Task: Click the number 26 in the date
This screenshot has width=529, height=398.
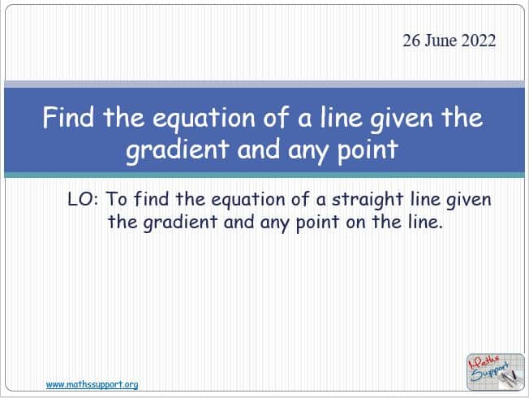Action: (411, 41)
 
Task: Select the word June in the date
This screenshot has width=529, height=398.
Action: (440, 41)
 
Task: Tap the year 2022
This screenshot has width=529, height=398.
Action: (478, 41)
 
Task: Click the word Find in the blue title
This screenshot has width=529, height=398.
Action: (68, 117)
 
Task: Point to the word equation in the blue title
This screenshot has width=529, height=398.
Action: (204, 119)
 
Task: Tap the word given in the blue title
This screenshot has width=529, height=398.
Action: (402, 119)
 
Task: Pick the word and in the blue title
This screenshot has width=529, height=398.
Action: (259, 149)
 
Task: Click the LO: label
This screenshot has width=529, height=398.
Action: (83, 199)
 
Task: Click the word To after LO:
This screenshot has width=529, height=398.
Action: (117, 199)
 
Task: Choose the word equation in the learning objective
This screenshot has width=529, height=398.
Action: (248, 200)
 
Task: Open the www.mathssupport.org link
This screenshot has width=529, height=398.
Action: (92, 384)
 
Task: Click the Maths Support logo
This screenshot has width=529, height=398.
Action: (495, 372)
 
